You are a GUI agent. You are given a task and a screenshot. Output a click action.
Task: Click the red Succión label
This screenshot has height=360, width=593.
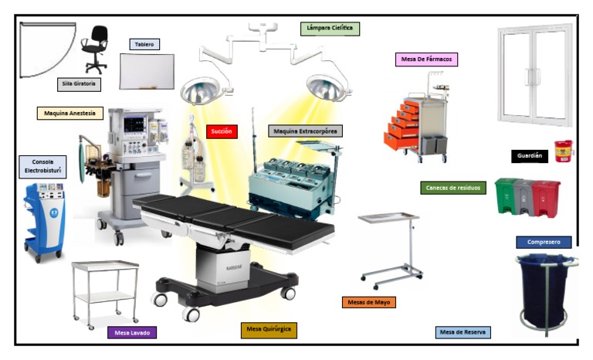tap(222, 131)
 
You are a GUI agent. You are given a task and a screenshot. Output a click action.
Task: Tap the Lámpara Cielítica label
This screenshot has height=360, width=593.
tap(330, 29)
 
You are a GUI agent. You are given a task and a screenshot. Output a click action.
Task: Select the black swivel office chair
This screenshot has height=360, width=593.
tap(94, 49)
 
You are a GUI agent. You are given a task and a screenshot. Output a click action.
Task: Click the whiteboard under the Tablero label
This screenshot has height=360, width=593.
tap(147, 71)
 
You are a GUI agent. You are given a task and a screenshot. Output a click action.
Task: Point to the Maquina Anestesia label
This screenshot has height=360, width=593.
tap(70, 114)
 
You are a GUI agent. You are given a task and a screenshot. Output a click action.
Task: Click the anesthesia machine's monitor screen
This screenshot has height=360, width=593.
tap(134, 124)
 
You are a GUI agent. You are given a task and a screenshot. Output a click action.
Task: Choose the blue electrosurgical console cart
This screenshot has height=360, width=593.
tap(44, 222)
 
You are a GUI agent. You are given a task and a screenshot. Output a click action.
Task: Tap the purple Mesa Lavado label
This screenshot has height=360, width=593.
tap(132, 333)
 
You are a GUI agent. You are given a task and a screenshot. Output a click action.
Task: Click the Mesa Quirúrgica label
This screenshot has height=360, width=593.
tap(269, 330)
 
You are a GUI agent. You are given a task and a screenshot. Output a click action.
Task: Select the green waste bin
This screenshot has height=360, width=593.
tap(506, 195)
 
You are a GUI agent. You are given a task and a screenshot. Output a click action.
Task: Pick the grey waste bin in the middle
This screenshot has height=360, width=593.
tap(524, 198)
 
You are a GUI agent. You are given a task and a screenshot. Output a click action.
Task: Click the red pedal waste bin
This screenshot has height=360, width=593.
tap(546, 199)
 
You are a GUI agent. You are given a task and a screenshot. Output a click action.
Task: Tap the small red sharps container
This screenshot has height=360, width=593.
tap(564, 151)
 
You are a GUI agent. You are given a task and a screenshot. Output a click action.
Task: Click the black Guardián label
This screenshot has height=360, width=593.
tap(530, 156)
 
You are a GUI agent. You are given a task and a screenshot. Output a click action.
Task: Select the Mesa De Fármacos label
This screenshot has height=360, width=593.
tap(426, 59)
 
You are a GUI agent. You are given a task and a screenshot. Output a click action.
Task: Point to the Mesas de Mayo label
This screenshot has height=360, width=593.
tap(369, 303)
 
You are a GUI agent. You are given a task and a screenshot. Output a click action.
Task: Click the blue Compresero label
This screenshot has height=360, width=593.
tap(544, 243)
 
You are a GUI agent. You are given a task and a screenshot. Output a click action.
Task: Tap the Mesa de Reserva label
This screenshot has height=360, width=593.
tap(463, 332)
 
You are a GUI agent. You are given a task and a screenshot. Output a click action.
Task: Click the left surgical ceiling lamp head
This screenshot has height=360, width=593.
tap(200, 91)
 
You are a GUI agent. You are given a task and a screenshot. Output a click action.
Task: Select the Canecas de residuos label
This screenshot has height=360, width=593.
tap(453, 188)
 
